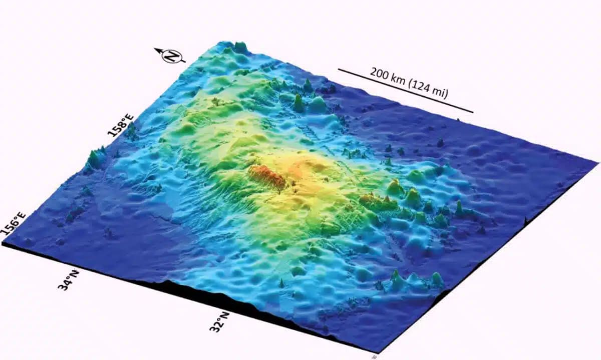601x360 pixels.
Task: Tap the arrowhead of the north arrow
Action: (x=157, y=50)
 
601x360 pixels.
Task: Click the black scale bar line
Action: (x=405, y=91)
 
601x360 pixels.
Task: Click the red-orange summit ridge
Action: (x=265, y=178)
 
